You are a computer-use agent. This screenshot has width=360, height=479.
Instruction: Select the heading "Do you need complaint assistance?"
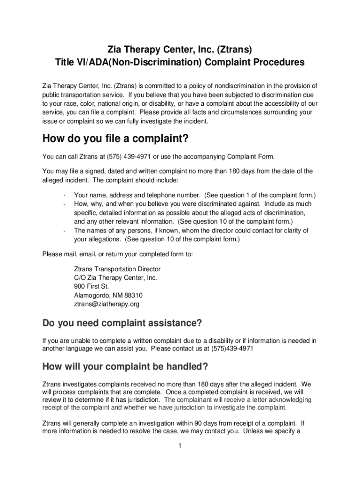[x=122, y=323]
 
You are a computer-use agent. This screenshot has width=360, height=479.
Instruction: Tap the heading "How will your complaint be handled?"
[x=125, y=366]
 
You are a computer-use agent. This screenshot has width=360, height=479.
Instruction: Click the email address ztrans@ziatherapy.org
[x=107, y=304]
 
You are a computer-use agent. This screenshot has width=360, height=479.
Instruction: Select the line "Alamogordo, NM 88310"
[x=108, y=295]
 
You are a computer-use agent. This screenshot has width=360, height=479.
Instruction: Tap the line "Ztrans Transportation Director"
[x=117, y=269]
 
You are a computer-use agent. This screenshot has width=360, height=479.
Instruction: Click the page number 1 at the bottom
[x=180, y=446]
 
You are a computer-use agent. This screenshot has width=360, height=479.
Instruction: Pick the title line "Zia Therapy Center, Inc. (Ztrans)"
[x=180, y=49]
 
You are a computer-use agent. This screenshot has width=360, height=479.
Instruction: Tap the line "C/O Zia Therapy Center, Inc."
[x=115, y=277]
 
